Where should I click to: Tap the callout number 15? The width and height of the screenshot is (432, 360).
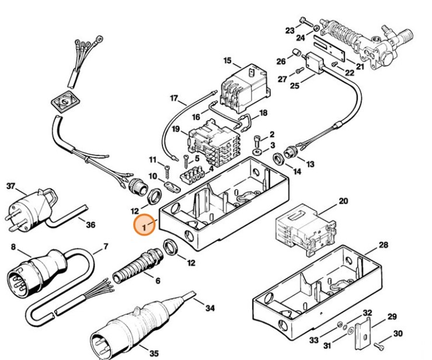click(x=227, y=61)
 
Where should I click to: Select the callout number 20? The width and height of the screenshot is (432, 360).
click(x=343, y=201)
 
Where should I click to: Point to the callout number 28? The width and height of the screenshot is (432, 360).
click(x=382, y=244)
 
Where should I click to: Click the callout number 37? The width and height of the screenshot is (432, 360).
click(x=10, y=187)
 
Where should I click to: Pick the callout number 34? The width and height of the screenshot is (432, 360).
click(x=210, y=307)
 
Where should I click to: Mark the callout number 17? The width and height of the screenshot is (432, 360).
click(x=173, y=97)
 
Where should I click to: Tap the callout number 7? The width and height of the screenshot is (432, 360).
click(x=105, y=247)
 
